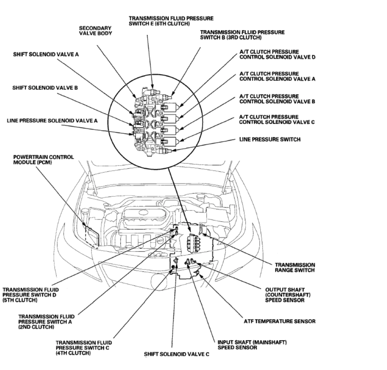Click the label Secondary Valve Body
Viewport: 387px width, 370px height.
coord(95,31)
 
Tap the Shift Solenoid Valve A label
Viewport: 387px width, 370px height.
coord(46,54)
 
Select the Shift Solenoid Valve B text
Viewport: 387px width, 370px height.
coord(45,88)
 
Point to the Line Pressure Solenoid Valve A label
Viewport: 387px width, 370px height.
coord(52,121)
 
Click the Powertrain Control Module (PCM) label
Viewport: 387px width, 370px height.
coord(43,160)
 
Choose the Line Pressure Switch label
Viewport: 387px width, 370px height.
coord(269,140)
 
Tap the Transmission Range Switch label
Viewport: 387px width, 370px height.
coord(295,267)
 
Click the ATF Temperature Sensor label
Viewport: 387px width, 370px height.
coord(279,322)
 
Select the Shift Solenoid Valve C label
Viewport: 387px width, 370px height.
coord(176,354)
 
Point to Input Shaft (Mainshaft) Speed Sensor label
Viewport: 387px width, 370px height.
coord(252,345)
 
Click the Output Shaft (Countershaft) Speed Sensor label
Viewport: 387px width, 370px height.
coord(285,295)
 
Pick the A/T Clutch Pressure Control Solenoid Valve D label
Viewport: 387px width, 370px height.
coord(277,54)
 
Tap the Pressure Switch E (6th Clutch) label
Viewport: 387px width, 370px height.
coord(171,21)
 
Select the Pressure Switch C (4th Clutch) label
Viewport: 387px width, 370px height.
coord(84,348)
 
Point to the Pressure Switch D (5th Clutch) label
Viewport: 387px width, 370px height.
coord(31,295)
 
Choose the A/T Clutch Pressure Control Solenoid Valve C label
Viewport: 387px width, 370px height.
coord(277,119)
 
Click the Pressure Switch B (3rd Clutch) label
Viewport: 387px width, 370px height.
coord(242,35)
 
